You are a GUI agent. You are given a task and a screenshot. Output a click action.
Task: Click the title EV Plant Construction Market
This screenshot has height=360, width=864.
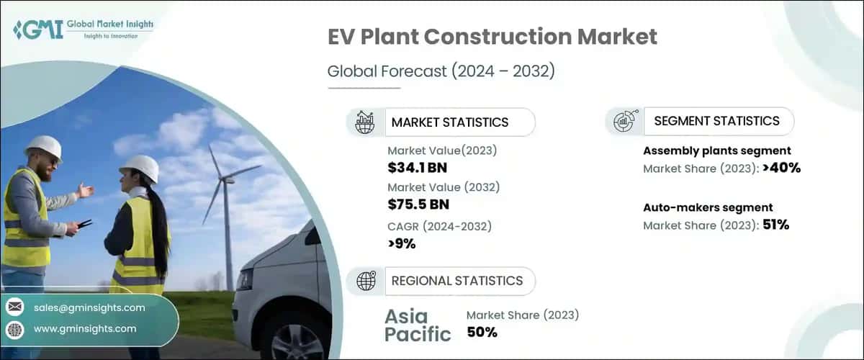(492, 37)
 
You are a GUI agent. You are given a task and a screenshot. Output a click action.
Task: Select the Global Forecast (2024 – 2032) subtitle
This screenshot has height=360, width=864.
(441, 71)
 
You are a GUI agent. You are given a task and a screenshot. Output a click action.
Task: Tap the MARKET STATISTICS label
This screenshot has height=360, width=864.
(449, 122)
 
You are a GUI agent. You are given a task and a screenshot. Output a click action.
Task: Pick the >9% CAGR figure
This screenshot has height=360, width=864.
(402, 243)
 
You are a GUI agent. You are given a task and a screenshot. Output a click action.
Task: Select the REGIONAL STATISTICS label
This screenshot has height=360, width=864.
(456, 281)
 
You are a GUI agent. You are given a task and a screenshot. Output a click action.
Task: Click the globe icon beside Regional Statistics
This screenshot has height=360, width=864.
(366, 282)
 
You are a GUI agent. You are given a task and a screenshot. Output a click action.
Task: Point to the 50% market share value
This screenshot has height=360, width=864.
(482, 332)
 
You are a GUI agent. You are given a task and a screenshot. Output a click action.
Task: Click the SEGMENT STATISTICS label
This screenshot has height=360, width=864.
(716, 121)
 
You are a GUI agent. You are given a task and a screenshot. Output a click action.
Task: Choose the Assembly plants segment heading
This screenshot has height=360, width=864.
(716, 150)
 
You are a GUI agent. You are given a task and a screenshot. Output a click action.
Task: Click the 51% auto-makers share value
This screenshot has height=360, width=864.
(776, 225)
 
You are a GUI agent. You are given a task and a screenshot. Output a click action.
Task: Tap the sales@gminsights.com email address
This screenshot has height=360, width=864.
(89, 307)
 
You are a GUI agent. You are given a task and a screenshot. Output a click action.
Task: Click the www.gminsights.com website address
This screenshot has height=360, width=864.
(85, 328)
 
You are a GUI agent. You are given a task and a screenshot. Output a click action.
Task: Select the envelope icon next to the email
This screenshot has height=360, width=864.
(15, 307)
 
